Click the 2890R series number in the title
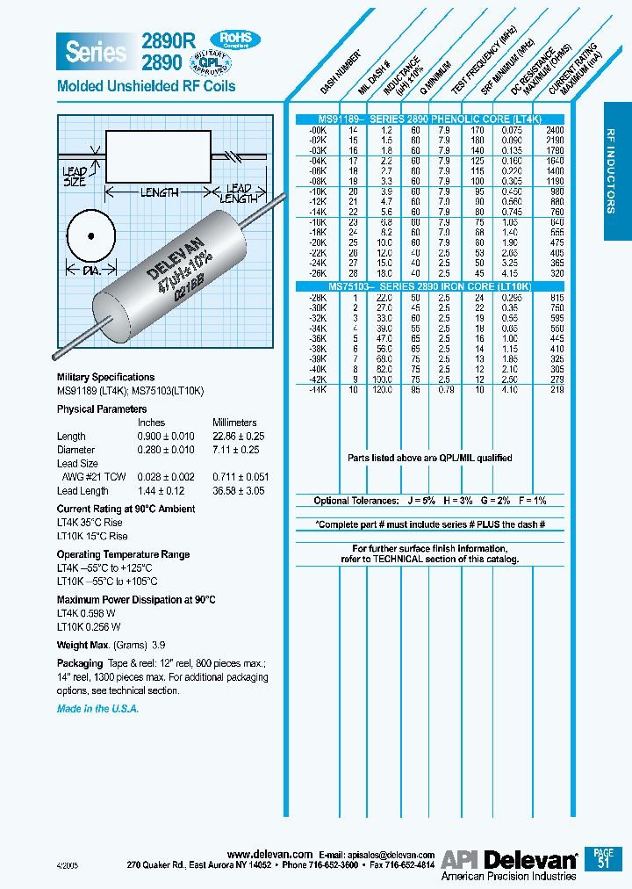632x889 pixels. coord(162,40)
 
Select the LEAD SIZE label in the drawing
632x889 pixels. coord(75,177)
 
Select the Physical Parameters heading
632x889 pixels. coord(102,409)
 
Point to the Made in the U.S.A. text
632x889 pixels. coord(97,709)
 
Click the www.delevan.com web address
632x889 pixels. coord(269,854)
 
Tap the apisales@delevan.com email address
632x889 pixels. coord(391,854)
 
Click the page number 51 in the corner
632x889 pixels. coord(602,863)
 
